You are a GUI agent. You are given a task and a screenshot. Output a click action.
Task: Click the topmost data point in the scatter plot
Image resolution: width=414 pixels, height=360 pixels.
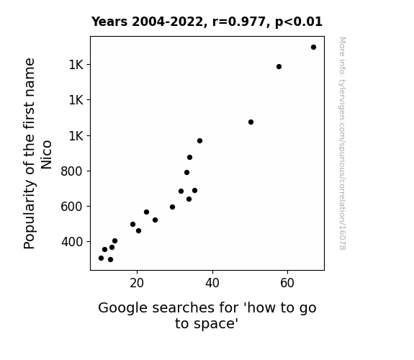(313, 48)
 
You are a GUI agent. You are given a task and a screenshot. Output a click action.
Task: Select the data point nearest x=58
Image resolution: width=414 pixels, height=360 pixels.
(279, 66)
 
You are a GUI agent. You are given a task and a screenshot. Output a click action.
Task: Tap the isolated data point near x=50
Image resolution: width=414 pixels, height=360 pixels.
(251, 122)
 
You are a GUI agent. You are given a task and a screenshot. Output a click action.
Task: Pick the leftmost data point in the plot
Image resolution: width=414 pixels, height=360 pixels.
(101, 258)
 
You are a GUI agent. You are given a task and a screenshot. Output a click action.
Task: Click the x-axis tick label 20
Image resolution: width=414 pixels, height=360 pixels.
(137, 283)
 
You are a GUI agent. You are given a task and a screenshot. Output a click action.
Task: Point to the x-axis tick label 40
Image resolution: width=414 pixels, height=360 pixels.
(212, 283)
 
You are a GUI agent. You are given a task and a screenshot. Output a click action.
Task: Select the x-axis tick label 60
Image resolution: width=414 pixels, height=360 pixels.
(287, 283)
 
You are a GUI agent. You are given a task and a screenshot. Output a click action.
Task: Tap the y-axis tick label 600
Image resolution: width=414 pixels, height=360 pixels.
(71, 207)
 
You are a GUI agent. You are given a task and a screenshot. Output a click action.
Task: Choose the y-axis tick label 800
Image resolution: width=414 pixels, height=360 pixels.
(71, 171)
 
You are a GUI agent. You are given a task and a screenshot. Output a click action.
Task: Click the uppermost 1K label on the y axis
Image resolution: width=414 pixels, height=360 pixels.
(76, 65)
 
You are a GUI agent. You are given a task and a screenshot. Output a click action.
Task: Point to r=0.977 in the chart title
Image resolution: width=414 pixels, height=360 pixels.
(239, 22)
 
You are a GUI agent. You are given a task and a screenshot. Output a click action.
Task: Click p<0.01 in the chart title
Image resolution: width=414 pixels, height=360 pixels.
(299, 22)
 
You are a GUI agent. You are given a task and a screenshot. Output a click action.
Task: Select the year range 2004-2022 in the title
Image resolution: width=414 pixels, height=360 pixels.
(167, 22)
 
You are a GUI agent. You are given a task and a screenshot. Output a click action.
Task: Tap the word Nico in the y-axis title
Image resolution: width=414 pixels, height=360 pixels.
(47, 155)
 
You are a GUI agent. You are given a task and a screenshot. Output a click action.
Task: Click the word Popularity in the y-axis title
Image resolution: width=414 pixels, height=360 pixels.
(30, 215)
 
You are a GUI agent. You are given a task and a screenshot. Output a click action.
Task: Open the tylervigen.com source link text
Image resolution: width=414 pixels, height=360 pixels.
(342, 143)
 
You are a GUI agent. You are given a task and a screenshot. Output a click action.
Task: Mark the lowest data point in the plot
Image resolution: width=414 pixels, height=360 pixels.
(110, 260)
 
